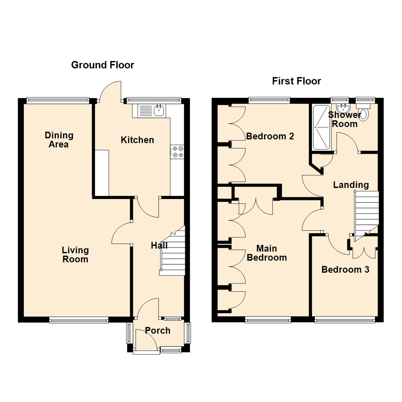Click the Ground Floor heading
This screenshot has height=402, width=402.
(102, 65)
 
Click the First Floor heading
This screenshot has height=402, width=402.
(296, 81)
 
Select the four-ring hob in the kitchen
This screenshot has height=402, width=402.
(177, 152)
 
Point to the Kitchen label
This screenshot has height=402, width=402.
(137, 140)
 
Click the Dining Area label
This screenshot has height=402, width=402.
(58, 140)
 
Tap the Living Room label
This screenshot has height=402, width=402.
(75, 254)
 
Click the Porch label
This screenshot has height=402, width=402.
(157, 330)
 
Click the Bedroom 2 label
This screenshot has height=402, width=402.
(270, 136)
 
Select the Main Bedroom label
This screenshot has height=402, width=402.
(267, 253)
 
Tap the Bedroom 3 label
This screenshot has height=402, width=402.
(345, 269)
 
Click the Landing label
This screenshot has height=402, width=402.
(351, 185)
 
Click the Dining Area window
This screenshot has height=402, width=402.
(58, 99)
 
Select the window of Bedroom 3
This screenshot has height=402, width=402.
(345, 319)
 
